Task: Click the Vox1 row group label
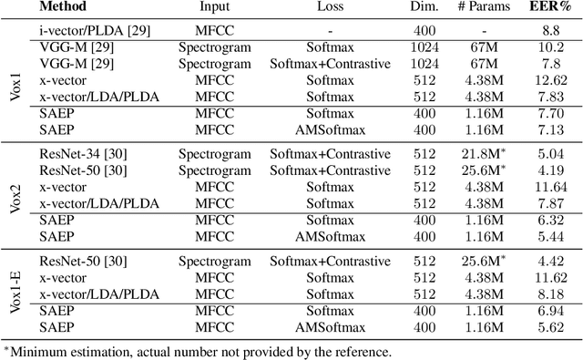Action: pyautogui.click(x=14, y=80)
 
